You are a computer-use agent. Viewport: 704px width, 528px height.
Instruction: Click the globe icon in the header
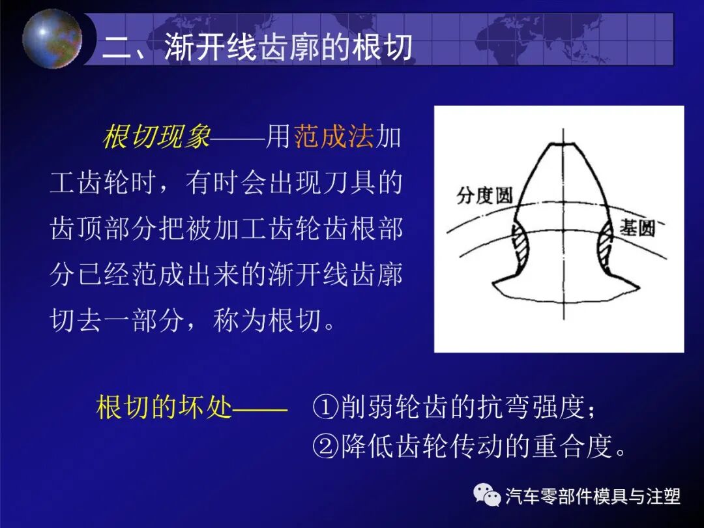pos(52,38)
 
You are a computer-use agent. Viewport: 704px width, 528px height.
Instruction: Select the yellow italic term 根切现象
pos(156,138)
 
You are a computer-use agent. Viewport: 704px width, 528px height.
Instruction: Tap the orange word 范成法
pos(334,138)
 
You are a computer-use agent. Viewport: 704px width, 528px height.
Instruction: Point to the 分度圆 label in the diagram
pos(484,195)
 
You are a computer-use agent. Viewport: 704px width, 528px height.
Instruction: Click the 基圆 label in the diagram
pos(637,227)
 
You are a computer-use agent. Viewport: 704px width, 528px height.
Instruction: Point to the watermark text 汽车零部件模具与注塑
pos(593,497)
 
